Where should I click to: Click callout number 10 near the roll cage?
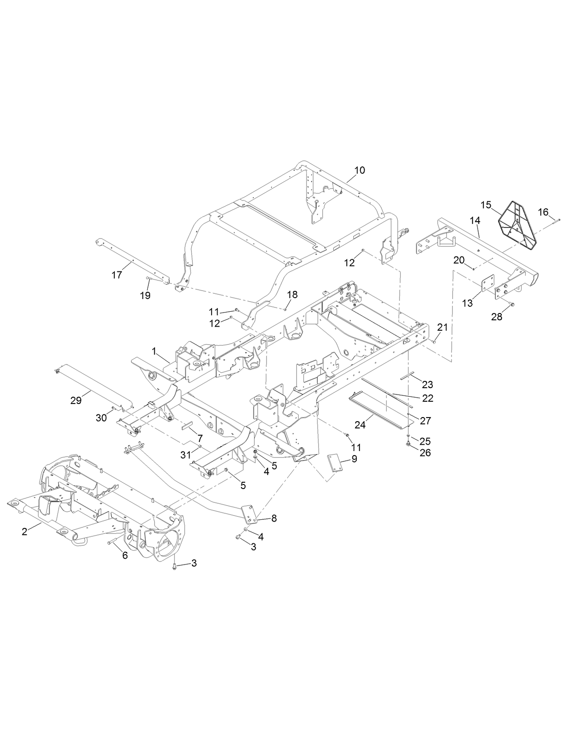click(x=359, y=170)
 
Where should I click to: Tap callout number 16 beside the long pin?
click(x=543, y=212)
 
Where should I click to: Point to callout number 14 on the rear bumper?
click(x=474, y=220)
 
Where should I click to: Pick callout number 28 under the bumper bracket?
click(x=497, y=317)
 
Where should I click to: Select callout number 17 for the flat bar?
click(x=117, y=275)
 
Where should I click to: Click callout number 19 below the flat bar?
click(x=145, y=295)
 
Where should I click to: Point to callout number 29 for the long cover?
click(x=76, y=400)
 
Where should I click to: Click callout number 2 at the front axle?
click(x=24, y=532)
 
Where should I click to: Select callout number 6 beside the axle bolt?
click(x=125, y=556)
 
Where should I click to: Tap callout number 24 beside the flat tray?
click(x=360, y=425)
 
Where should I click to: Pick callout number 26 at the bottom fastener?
click(x=425, y=452)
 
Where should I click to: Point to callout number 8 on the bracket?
click(x=274, y=518)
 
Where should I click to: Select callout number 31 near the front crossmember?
click(x=186, y=456)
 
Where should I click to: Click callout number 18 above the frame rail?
click(x=292, y=294)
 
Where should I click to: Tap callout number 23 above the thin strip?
click(x=427, y=385)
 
